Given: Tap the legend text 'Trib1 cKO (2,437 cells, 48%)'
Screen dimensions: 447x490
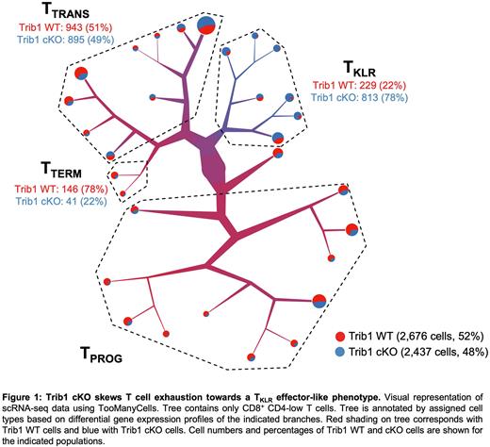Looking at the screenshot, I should [x=415, y=351].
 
